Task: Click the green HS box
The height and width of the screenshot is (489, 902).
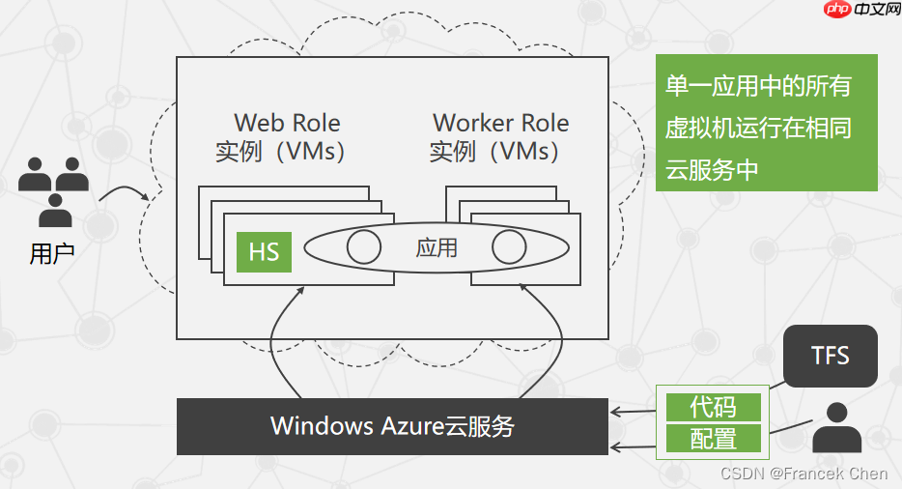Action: point(264,251)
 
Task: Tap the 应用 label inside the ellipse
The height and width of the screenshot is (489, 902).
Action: point(436,248)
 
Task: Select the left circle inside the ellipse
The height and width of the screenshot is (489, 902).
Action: point(364,247)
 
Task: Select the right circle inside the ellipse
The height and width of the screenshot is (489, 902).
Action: point(509,247)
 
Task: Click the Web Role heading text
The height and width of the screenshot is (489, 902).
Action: point(287,124)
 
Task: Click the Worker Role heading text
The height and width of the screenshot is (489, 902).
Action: point(500,124)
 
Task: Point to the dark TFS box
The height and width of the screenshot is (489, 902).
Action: point(830,356)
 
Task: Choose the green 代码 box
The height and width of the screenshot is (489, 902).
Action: point(714,407)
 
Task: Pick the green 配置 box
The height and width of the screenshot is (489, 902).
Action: point(714,440)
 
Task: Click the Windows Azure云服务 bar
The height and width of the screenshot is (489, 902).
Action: point(392,426)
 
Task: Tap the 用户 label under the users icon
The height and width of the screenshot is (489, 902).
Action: point(52,254)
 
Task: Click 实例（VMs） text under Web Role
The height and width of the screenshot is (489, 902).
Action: point(281,152)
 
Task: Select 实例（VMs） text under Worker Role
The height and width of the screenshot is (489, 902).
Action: point(494,152)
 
